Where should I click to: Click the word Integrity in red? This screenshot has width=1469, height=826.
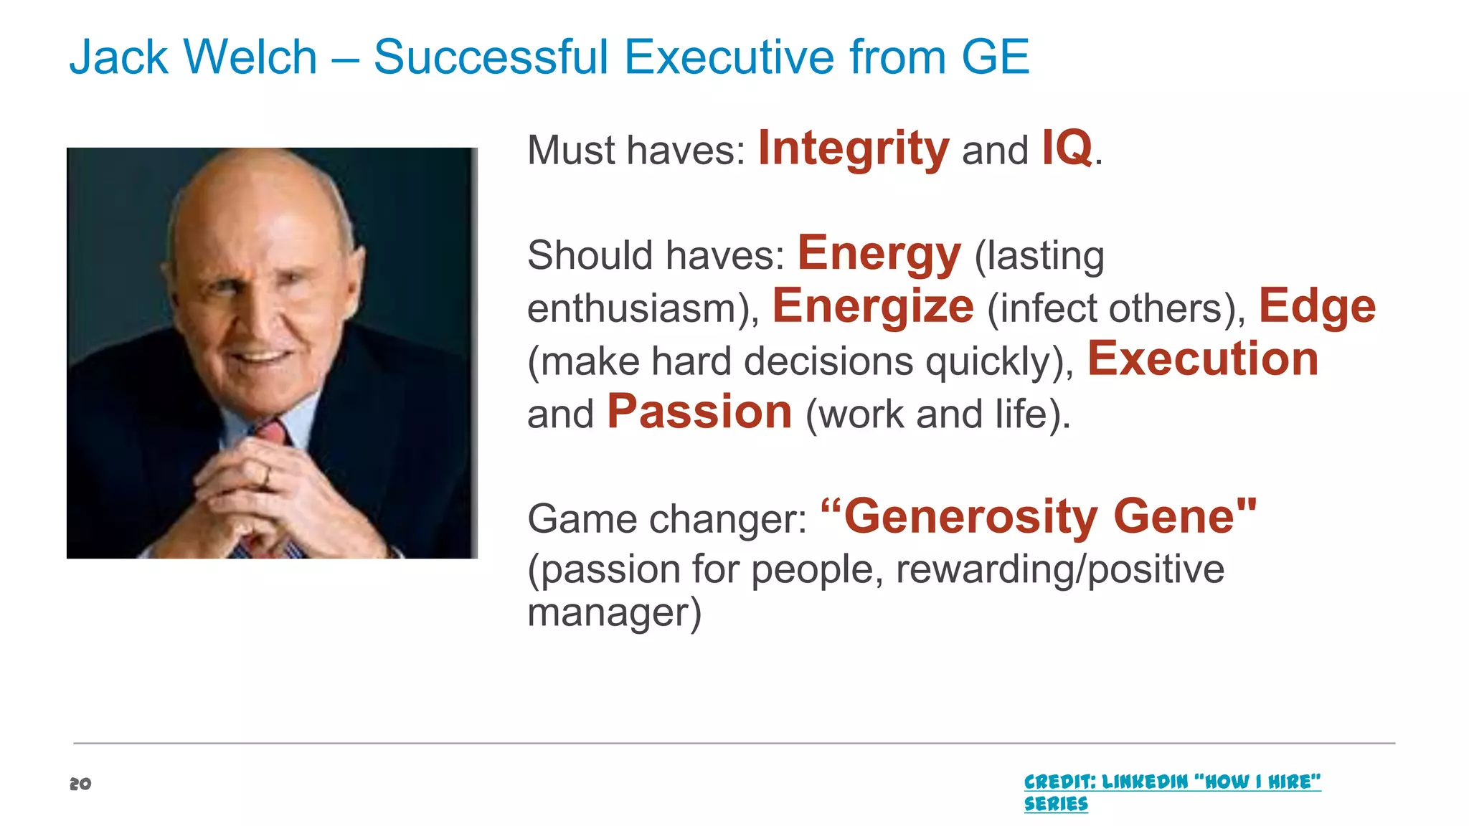tap(853, 149)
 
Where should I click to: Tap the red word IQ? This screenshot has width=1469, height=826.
tap(1067, 148)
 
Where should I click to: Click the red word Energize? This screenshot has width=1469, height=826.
tap(872, 307)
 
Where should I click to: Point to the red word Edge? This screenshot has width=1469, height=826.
tap(1317, 307)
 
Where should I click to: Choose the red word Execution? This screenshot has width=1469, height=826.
tap(1203, 359)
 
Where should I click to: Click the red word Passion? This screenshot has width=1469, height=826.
tap(699, 412)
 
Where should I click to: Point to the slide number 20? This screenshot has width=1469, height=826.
tap(80, 784)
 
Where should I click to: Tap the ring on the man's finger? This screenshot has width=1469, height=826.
tap(267, 474)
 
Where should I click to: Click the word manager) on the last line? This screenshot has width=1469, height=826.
tap(614, 614)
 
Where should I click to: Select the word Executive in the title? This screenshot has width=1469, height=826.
tap(729, 57)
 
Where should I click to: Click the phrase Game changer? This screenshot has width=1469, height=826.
tap(667, 519)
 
